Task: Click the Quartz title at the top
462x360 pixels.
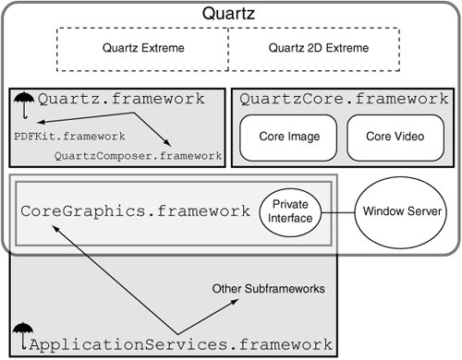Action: point(228,14)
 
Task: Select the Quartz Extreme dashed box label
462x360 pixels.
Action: point(143,48)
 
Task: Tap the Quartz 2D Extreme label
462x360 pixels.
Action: point(319,48)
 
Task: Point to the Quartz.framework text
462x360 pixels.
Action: point(121,99)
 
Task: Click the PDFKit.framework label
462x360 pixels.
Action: point(69,136)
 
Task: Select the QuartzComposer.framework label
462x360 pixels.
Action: point(138,156)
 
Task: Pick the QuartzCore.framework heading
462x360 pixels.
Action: point(344,99)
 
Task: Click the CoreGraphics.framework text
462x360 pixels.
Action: point(135,211)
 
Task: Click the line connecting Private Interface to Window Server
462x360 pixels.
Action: point(338,212)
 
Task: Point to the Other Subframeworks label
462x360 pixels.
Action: point(269,289)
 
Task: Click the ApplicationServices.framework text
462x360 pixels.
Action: point(181,344)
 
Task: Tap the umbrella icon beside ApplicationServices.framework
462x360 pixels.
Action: point(23,336)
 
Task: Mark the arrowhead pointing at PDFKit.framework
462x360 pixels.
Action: point(41,122)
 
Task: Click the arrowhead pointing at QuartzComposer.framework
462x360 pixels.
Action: point(167,142)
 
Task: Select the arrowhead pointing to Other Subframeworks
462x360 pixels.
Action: point(235,301)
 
